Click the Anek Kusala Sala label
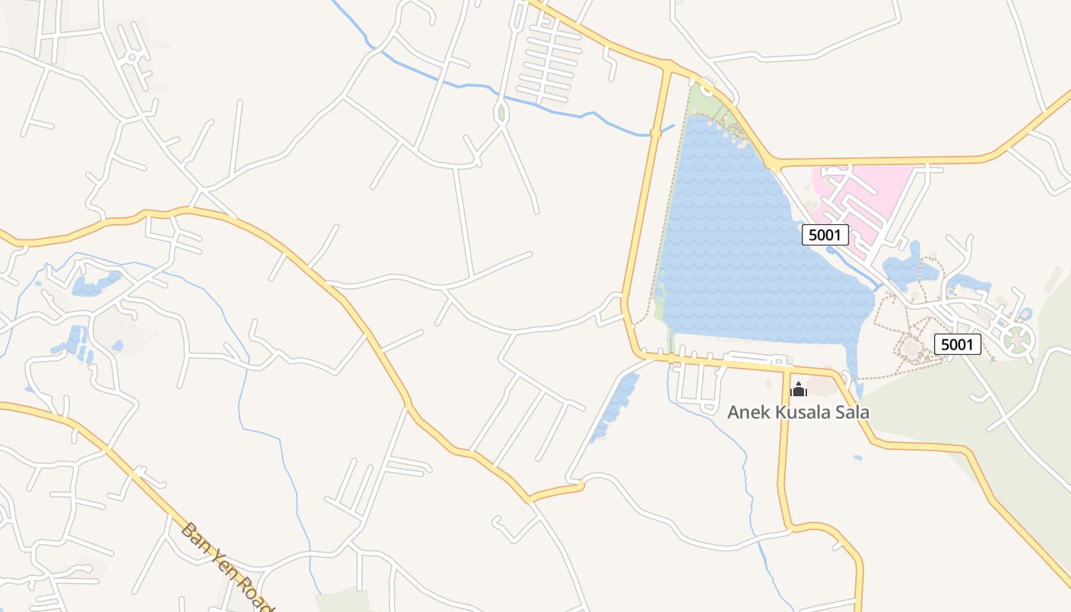pos(798,412)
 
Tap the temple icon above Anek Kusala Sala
pos(798,389)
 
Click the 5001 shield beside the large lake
pos(825,235)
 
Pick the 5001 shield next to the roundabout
pos(957,344)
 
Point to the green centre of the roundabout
pos(1018,338)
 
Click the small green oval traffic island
pos(501,113)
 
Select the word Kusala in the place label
pos(798,412)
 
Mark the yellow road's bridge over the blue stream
pos(655,133)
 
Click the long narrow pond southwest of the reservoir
pos(614,405)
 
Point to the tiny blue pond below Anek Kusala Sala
pos(858,458)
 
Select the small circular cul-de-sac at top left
pos(132,57)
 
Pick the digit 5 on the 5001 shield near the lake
pos(812,235)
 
